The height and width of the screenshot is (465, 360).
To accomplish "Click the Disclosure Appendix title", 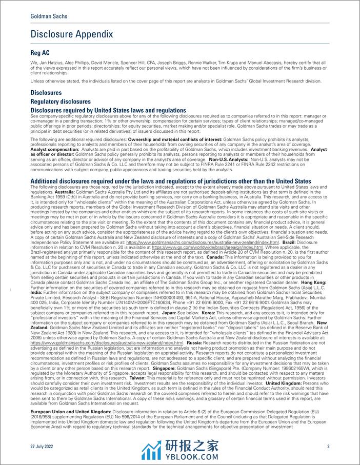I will pos(72,34).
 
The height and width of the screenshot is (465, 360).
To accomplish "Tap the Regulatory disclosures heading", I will pos(61,102).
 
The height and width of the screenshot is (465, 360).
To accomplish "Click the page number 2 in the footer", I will pos(328,446).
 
